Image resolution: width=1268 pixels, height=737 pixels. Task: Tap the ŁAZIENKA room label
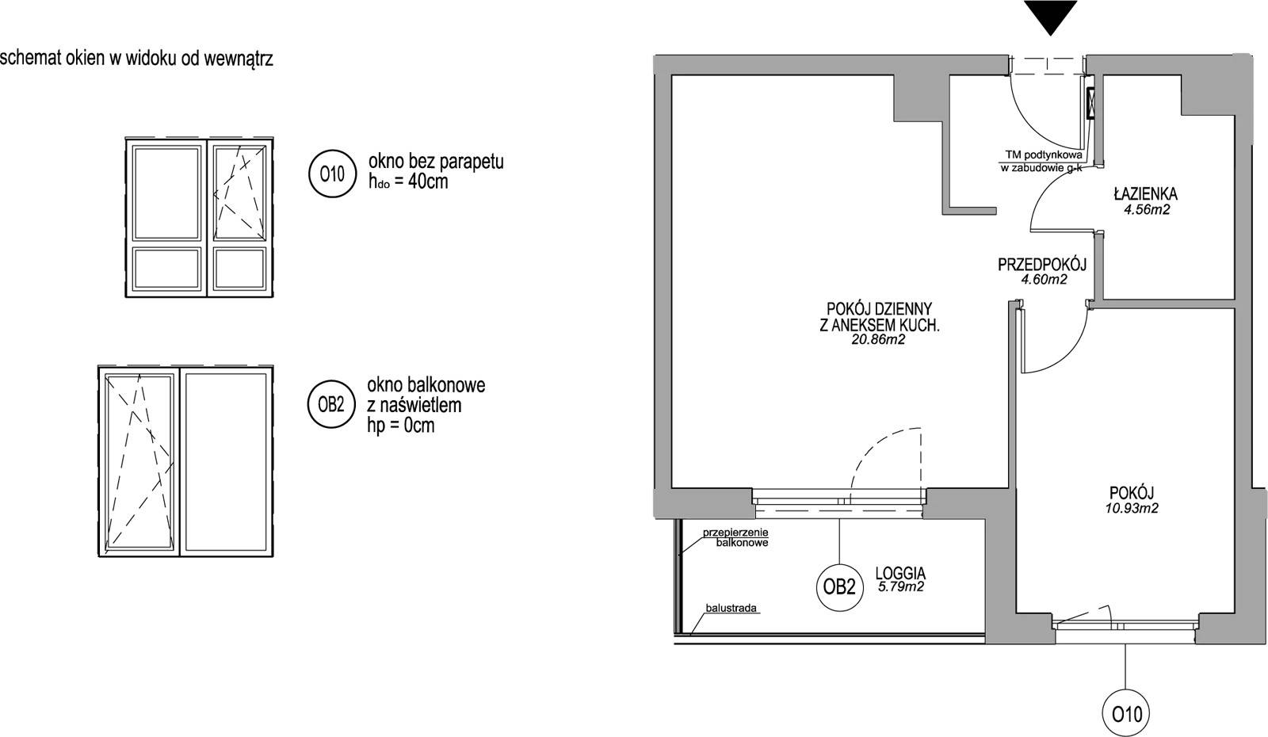coord(1146,194)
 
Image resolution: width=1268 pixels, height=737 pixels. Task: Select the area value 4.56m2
coord(1147,210)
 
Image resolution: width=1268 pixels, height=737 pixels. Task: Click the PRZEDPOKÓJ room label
coord(1042,265)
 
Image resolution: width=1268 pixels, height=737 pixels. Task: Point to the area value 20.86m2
coord(879,340)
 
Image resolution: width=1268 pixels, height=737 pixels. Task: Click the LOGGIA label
coord(900,574)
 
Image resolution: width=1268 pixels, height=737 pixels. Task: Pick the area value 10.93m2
coord(1132,508)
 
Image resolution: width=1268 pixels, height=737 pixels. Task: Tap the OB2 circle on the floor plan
coord(839,587)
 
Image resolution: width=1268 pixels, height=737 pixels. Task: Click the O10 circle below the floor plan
coord(1127,714)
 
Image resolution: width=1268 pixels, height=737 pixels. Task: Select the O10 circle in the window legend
coord(332,174)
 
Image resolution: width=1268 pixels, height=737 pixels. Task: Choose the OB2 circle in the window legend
coord(331,404)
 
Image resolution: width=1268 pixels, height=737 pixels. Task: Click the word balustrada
coord(731,609)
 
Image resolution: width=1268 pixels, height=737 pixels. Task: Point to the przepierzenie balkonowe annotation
coord(735,538)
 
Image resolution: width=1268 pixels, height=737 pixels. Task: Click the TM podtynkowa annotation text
coord(1044,155)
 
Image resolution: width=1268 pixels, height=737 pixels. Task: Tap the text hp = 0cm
coord(401,426)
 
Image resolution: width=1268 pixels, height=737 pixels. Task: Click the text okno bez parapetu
coord(436,162)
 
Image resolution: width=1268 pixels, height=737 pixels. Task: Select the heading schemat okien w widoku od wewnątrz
coord(136,59)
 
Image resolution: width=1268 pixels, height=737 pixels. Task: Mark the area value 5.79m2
coord(901,587)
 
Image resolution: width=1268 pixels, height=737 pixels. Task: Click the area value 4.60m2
coord(1044,280)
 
